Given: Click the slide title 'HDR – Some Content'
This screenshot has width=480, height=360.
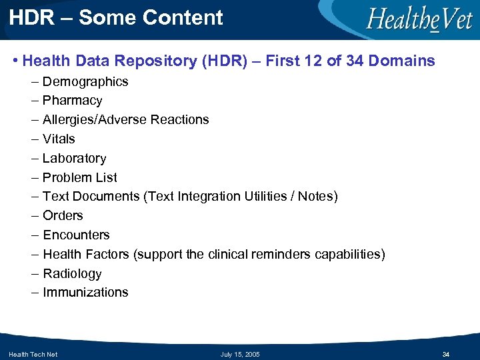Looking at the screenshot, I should click(x=117, y=18).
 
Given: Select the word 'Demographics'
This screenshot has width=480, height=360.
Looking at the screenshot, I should click(x=85, y=82).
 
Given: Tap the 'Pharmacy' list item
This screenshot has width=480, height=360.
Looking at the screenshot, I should click(x=72, y=101).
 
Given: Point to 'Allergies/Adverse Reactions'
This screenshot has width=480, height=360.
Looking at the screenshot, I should click(x=125, y=120).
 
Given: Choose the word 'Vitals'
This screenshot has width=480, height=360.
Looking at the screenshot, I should click(x=59, y=139).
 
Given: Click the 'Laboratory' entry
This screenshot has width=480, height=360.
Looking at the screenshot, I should click(x=74, y=159).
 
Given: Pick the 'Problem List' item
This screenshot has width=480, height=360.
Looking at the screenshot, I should click(x=79, y=178).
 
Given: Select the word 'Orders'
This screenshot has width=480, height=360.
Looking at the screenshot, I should click(x=63, y=216).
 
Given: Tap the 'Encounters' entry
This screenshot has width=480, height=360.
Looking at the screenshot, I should click(x=76, y=235).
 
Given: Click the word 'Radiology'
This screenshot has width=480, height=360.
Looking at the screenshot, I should click(x=72, y=274).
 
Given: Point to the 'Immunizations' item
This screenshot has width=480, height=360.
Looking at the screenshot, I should click(x=85, y=293).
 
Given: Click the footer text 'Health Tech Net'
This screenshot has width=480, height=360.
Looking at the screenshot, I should click(x=33, y=354).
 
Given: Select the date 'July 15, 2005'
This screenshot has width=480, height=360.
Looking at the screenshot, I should click(x=240, y=354).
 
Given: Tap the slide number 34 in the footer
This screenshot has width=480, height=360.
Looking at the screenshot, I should click(x=446, y=354).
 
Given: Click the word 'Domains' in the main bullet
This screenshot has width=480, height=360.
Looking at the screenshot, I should click(x=401, y=61).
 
